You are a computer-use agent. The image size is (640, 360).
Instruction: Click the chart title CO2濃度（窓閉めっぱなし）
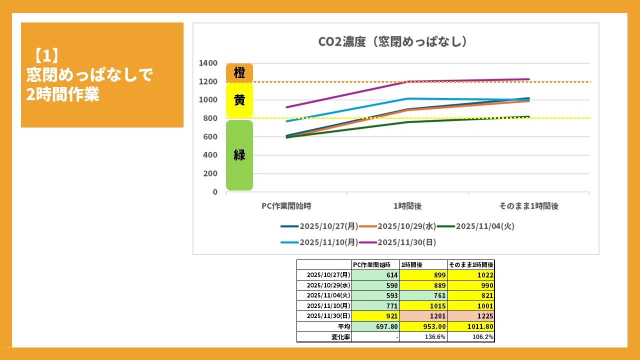coord(393,41)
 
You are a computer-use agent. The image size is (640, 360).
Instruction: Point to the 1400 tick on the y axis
coord(208,63)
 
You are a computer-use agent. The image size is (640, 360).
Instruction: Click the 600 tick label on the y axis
coord(211,136)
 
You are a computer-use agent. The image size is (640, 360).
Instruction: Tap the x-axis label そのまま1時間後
coord(528,206)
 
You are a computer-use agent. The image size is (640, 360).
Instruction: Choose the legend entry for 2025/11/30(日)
coord(406,242)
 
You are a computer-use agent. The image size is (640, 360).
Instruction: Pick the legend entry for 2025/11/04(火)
coord(484,226)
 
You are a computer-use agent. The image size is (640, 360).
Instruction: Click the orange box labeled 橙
coord(239,73)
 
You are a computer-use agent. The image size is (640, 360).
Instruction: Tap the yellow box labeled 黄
coord(239,100)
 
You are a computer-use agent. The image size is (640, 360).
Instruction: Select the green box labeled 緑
coord(239,155)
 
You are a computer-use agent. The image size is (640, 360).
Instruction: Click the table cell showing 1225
coord(471,316)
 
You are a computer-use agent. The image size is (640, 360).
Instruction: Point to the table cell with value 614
coord(375,275)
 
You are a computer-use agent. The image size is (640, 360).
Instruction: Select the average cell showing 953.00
coord(423,326)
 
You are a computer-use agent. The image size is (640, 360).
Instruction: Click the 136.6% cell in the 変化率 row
coord(423,337)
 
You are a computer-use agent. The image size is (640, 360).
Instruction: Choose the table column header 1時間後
coord(423,265)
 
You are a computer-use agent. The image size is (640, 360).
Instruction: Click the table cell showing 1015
coord(423,306)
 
